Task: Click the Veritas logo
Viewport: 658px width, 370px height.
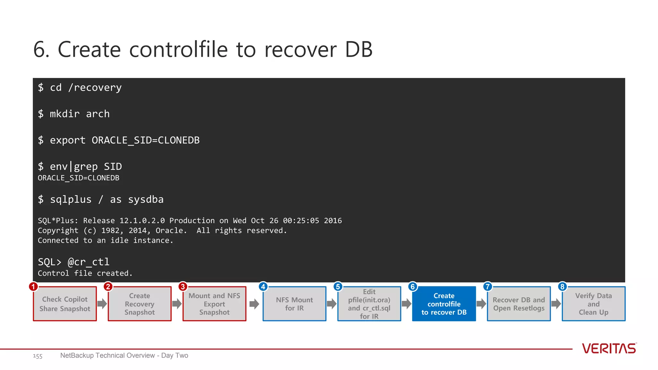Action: [x=609, y=348]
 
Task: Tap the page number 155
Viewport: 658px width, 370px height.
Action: [x=38, y=356]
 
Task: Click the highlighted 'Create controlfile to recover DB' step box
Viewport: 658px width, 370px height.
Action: [x=444, y=304]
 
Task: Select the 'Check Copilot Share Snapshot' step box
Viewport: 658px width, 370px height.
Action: [x=65, y=304]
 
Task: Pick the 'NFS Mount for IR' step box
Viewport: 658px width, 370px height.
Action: [x=294, y=304]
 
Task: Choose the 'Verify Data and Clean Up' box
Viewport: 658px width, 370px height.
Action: [x=593, y=304]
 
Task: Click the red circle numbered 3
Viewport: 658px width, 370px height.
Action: [x=183, y=286]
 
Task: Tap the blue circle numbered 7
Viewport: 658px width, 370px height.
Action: [x=487, y=286]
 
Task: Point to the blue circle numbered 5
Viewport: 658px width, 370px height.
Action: [x=338, y=286]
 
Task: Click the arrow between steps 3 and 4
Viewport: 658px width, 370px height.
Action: [x=254, y=304]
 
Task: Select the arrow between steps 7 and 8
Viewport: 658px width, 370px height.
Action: [x=556, y=304]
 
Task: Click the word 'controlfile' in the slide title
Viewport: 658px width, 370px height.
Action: [x=178, y=50]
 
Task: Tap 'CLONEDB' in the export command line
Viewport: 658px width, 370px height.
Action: [x=179, y=140]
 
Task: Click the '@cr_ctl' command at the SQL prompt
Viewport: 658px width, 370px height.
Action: [x=89, y=262]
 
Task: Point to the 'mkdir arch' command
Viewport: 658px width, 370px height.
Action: [x=80, y=114]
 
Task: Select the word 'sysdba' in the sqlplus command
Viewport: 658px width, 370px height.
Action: [x=146, y=199]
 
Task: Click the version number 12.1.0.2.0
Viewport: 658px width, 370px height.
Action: [x=142, y=221]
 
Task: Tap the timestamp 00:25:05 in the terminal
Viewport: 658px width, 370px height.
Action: [x=301, y=221]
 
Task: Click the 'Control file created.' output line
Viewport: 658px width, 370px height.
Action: [x=85, y=273]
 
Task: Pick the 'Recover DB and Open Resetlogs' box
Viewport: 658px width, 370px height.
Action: [x=519, y=304]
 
